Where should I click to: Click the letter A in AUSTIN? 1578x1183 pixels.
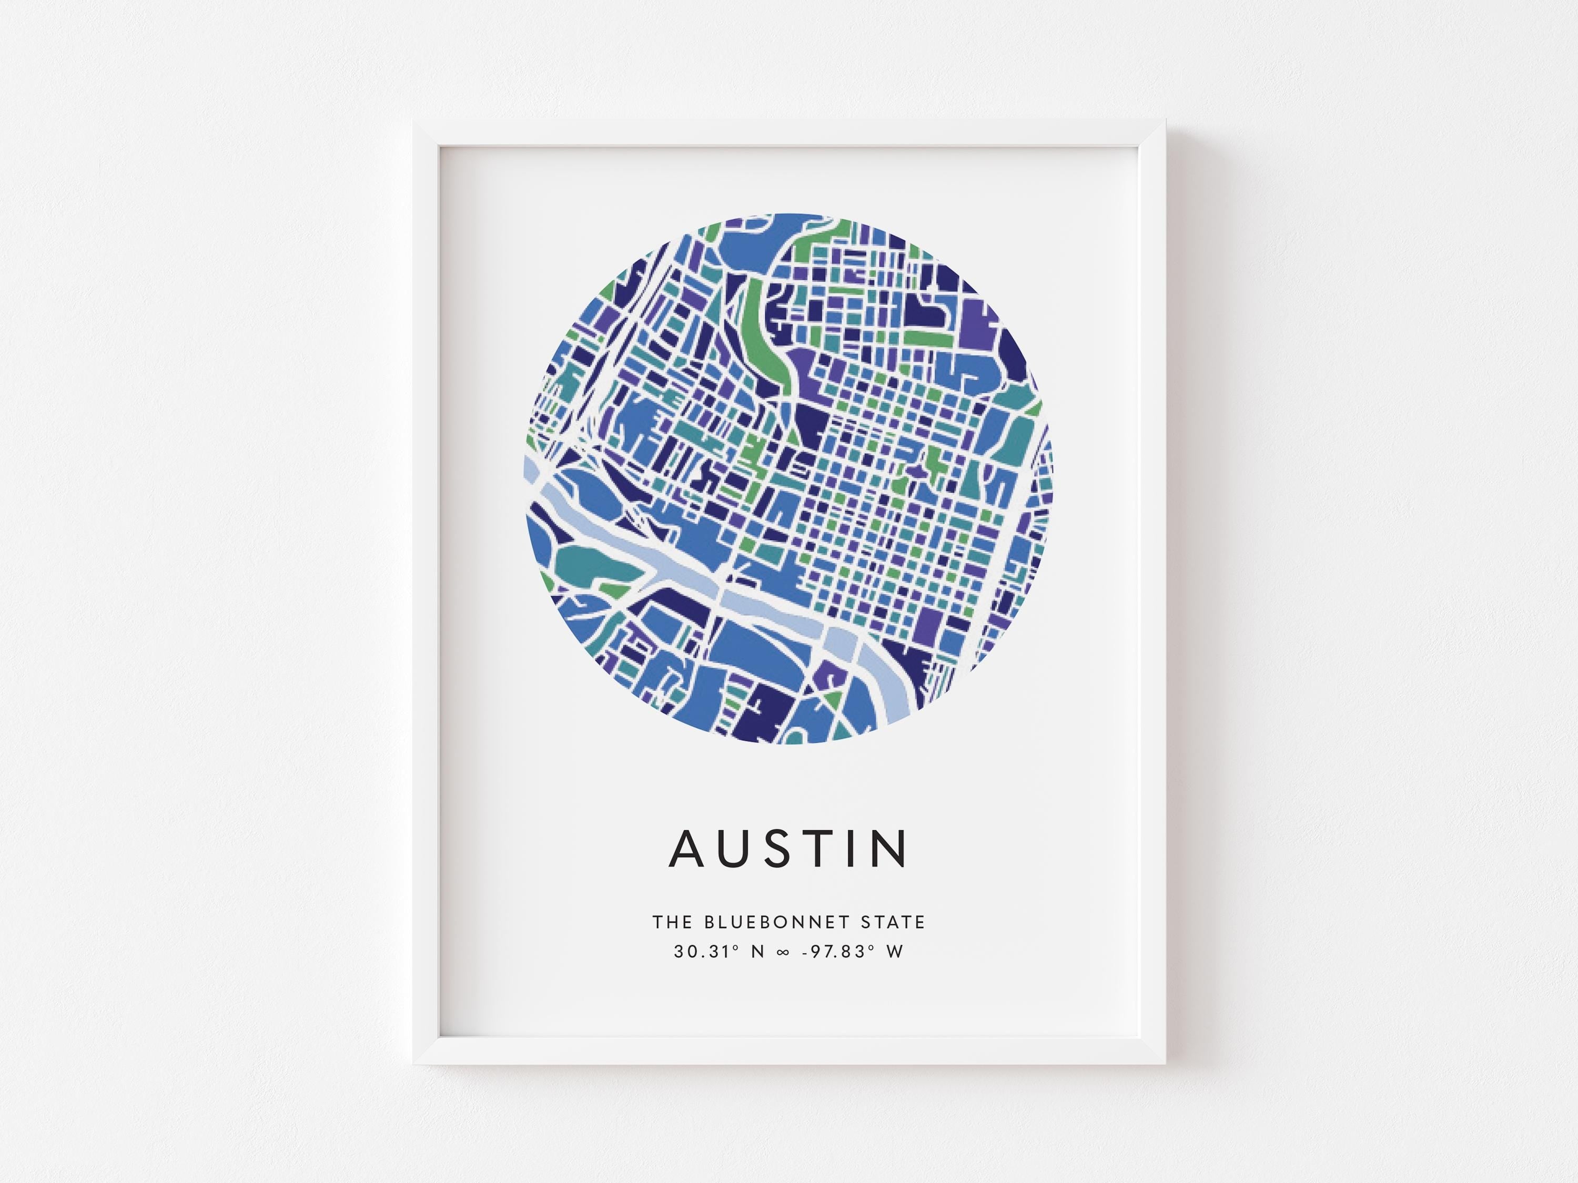pos(687,849)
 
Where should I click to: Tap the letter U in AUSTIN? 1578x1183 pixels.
pos(737,849)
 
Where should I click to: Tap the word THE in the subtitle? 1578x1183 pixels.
pos(672,923)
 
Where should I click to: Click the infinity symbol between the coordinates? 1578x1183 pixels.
pos(783,953)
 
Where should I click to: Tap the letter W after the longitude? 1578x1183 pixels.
pos(895,952)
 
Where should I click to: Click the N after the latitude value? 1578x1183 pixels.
pos(758,952)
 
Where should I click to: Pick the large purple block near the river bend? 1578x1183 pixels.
pos(928,626)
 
